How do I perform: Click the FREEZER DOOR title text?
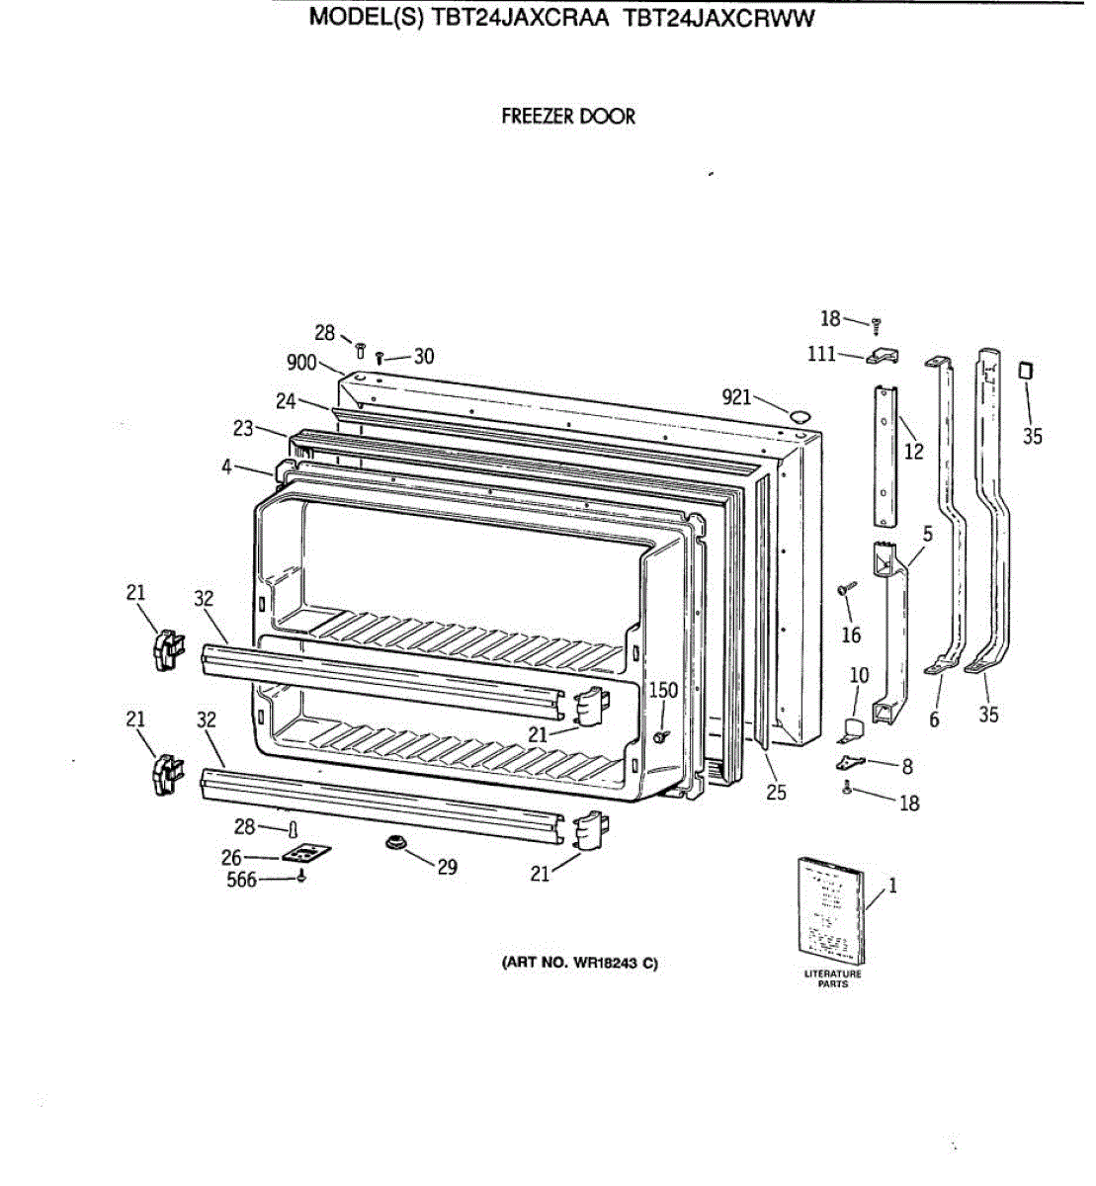568,117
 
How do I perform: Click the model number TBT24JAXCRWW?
719,18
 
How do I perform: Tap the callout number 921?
736,397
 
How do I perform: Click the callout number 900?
301,363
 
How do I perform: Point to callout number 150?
663,690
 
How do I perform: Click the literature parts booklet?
830,911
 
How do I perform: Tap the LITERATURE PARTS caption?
833,978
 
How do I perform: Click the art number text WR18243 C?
580,964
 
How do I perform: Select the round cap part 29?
396,842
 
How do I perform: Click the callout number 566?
242,880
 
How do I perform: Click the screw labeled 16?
846,590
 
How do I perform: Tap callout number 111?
821,354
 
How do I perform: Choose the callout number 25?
777,792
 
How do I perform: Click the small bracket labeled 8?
851,762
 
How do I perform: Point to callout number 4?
227,466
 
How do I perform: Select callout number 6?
934,720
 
